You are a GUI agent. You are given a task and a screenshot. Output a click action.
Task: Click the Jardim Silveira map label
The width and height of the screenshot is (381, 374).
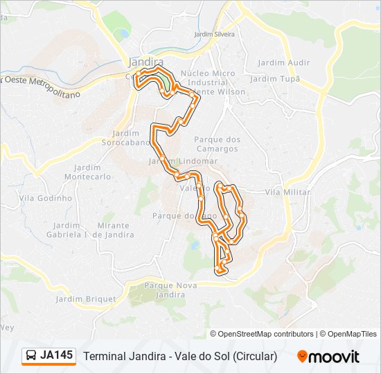coord(215,34)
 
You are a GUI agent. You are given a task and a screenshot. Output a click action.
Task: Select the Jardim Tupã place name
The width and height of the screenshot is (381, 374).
coord(273,79)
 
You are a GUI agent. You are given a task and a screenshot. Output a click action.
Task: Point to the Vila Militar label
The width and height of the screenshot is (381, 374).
coord(288,192)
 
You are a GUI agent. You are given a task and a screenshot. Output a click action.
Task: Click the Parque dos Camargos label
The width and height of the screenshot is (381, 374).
coord(218,144)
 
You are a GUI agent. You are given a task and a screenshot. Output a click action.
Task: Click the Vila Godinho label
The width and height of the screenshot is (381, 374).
coord(46,198)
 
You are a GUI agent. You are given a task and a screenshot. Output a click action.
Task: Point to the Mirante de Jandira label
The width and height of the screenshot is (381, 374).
coord(114,230)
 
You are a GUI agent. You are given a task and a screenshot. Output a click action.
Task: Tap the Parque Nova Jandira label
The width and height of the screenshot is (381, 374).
coord(165,290)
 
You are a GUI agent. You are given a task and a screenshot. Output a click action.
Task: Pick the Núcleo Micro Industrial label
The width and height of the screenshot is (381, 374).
coord(207,78)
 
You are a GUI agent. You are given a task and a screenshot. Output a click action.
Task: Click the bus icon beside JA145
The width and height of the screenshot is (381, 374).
coord(31,356)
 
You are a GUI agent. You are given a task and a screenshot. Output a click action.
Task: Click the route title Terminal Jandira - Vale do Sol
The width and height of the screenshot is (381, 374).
coord(180,357)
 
